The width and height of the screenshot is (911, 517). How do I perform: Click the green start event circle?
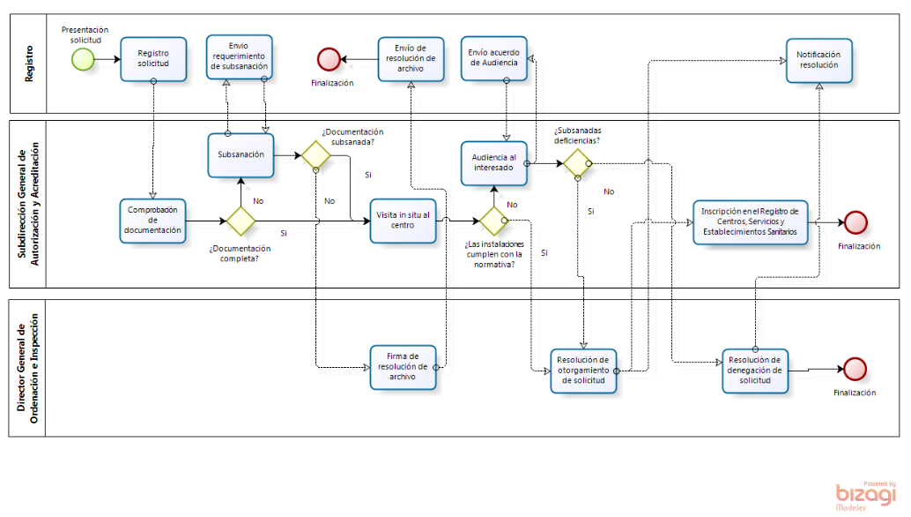pyautogui.click(x=84, y=59)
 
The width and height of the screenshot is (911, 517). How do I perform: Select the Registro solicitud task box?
pyautogui.click(x=153, y=59)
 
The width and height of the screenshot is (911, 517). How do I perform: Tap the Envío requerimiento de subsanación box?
pyautogui.click(x=240, y=56)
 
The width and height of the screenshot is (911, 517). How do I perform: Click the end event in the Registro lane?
pyautogui.click(x=329, y=59)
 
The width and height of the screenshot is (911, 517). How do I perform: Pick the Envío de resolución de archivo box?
pyautogui.click(x=411, y=58)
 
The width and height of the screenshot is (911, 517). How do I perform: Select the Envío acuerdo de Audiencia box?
pyautogui.click(x=493, y=57)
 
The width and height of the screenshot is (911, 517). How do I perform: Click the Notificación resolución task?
pyautogui.click(x=819, y=61)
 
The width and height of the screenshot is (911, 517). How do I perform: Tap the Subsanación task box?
pyautogui.click(x=241, y=155)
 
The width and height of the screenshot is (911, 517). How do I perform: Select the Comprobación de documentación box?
pyautogui.click(x=153, y=221)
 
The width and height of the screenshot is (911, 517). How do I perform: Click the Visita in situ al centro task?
pyautogui.click(x=404, y=220)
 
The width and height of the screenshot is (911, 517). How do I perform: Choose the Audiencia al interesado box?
pyautogui.click(x=493, y=163)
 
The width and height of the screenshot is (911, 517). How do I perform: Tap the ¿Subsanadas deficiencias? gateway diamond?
pyautogui.click(x=578, y=162)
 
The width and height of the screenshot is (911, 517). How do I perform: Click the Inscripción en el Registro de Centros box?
pyautogui.click(x=750, y=221)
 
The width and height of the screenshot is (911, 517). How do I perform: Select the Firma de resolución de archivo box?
pyautogui.click(x=402, y=366)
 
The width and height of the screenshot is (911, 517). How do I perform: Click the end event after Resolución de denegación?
pyautogui.click(x=855, y=371)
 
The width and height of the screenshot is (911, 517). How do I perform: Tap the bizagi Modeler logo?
pyautogui.click(x=865, y=496)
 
